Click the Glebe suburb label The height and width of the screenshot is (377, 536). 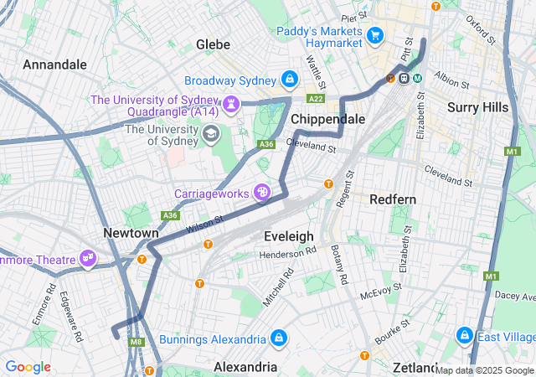coord(213,44)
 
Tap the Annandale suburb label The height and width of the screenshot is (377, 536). coord(54,65)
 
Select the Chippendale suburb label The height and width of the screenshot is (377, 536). coord(327,119)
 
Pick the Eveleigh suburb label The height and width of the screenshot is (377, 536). coord(288,236)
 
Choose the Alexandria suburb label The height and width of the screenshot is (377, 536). coord(245,367)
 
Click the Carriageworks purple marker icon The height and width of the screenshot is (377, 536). coord(263,193)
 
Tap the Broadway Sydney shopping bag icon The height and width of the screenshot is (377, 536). coord(289,80)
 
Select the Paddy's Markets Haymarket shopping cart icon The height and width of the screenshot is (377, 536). coord(375,34)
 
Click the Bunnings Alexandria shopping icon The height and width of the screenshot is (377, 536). coord(279,338)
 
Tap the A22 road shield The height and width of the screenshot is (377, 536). coord(316,98)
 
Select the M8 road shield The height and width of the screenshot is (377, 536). coord(137,342)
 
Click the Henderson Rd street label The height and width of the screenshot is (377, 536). coord(287,251)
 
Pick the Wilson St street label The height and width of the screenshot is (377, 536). coord(204,224)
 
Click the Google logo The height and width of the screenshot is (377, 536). coord(28,367)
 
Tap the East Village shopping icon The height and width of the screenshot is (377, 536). coord(462,336)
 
